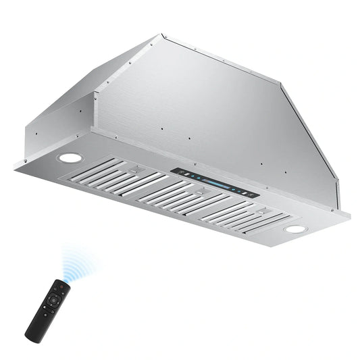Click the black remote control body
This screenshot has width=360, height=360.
48,308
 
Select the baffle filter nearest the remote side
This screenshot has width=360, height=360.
119,177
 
